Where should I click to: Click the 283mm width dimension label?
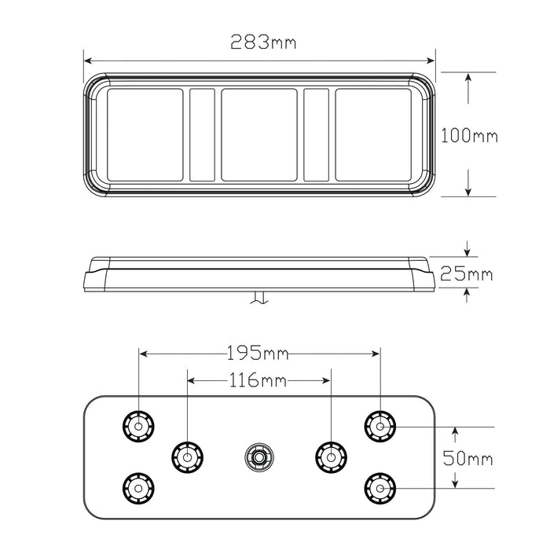[x=262, y=42]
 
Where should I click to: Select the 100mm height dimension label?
[x=469, y=135]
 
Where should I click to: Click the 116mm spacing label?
[x=258, y=381]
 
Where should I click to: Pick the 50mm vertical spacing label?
[x=468, y=458]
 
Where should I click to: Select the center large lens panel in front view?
[x=259, y=133]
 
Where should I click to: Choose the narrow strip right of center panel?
[x=317, y=133]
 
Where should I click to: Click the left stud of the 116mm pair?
[x=186, y=455]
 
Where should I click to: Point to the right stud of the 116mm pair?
[x=330, y=455]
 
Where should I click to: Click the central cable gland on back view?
[x=257, y=455]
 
